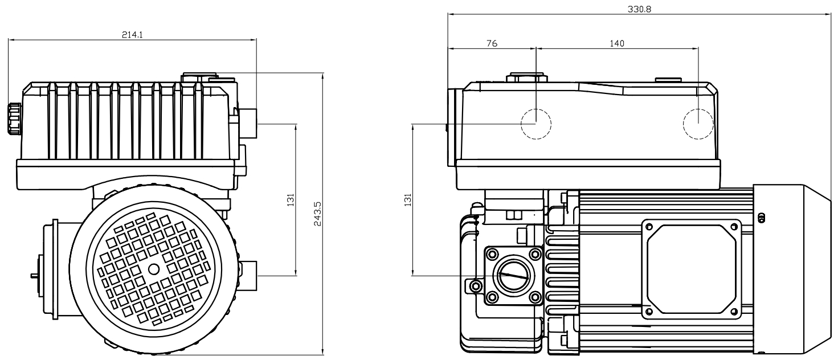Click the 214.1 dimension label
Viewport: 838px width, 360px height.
click(x=132, y=35)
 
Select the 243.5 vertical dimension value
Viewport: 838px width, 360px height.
click(x=317, y=213)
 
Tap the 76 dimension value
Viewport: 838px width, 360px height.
click(x=492, y=43)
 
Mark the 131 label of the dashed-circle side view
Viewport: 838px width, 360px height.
click(x=407, y=199)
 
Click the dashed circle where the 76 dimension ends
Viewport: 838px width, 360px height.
click(x=536, y=124)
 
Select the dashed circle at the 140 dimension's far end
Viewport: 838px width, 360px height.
click(x=698, y=124)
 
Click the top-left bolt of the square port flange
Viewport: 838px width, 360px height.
click(x=490, y=253)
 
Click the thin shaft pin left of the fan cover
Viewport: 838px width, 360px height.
click(x=34, y=275)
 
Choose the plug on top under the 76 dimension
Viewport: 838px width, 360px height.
click(x=526, y=77)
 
